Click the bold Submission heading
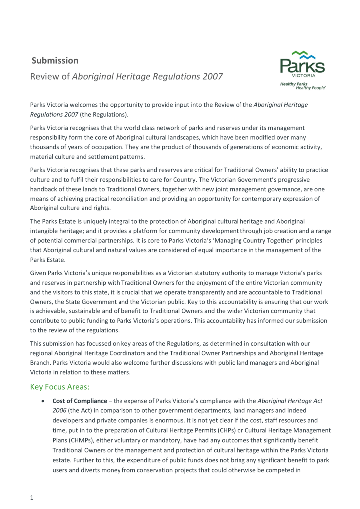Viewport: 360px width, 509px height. (x=55, y=61)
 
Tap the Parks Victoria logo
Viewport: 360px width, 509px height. (x=302, y=70)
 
